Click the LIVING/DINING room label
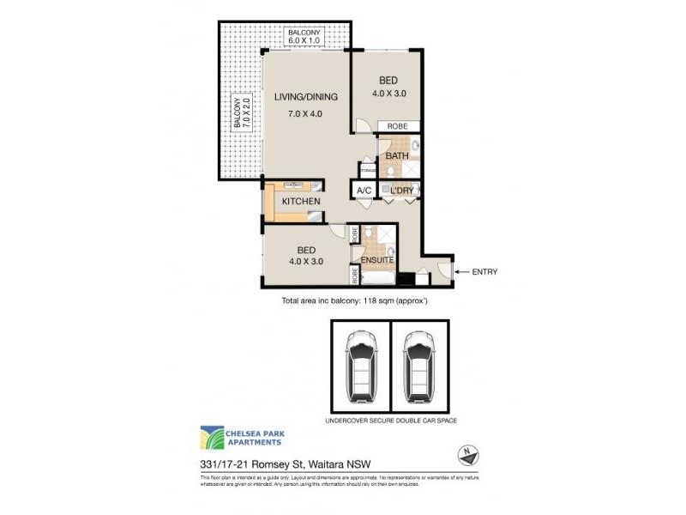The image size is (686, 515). click(x=306, y=96)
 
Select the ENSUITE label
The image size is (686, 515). click(x=376, y=259)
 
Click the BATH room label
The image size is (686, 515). click(x=396, y=156)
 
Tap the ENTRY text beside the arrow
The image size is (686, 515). click(x=483, y=272)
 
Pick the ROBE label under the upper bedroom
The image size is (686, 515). click(x=397, y=126)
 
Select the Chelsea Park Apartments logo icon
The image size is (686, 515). click(x=212, y=437)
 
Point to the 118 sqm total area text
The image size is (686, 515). click(x=354, y=302)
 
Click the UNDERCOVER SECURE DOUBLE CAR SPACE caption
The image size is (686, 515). click(x=390, y=421)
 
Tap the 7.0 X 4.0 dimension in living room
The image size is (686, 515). click(x=306, y=113)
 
